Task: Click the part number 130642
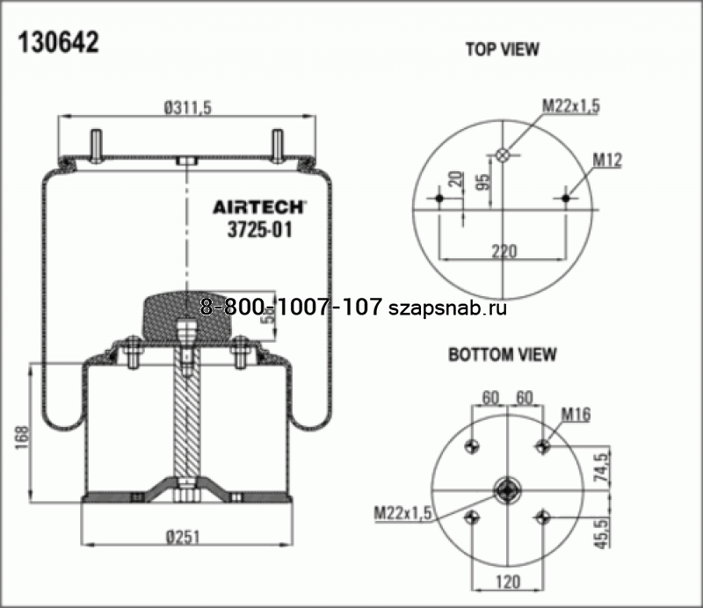[x=58, y=43]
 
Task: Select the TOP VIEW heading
[x=502, y=49]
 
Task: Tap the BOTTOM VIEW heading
[x=502, y=354]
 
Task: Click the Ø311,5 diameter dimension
[x=187, y=107]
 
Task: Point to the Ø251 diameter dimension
[x=183, y=537]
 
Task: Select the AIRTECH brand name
[x=259, y=207]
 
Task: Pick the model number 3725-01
[x=259, y=230]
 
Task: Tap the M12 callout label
[x=607, y=160]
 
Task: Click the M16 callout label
[x=576, y=415]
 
